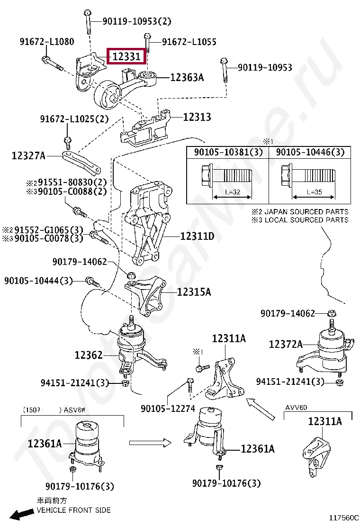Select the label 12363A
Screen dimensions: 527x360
pyautogui.click(x=187, y=77)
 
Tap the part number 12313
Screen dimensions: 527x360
pyautogui.click(x=197, y=117)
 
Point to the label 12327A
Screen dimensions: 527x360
pyautogui.click(x=28, y=155)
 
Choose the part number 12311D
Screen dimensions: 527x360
pyautogui.click(x=197, y=236)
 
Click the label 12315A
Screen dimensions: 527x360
pyautogui.click(x=194, y=292)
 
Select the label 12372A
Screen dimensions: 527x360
pyautogui.click(x=286, y=345)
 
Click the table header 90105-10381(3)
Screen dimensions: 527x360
pyautogui.click(x=228, y=152)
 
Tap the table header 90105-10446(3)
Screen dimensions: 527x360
pyautogui.click(x=310, y=152)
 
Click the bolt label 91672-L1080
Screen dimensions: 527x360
pyautogui.click(x=46, y=42)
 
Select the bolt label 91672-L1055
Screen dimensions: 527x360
pyautogui.click(x=189, y=42)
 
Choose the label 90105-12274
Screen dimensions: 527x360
pyautogui.click(x=168, y=408)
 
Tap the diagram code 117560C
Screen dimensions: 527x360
pyautogui.click(x=344, y=518)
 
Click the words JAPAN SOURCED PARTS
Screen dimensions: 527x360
pyautogui.click(x=306, y=212)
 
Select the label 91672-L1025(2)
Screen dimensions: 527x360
pyautogui.click(x=74, y=119)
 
